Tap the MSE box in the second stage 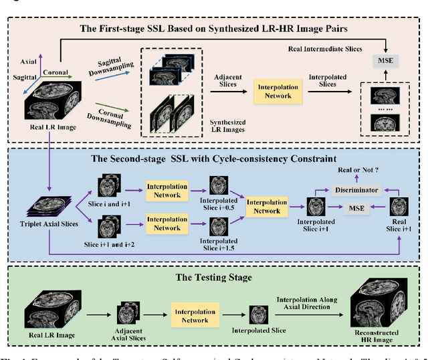pos(358,209)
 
